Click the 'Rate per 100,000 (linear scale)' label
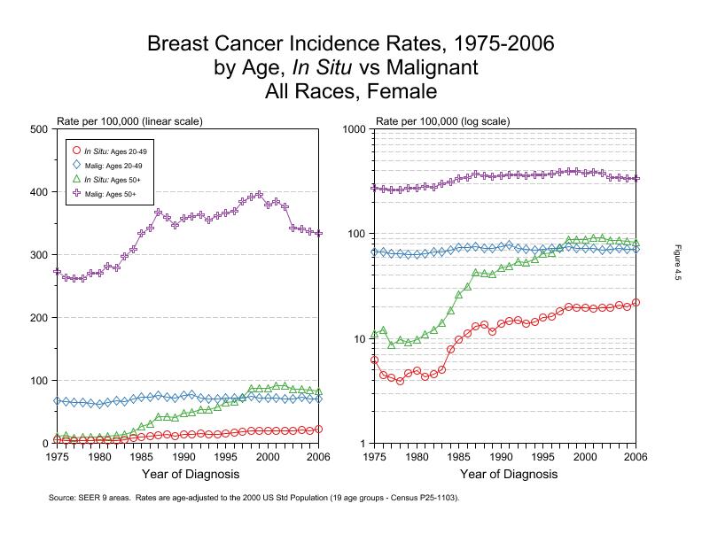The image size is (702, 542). tap(129, 120)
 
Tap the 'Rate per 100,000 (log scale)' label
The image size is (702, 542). tap(443, 120)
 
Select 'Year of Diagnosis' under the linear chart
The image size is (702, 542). tap(187, 475)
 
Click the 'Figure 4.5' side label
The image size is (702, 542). tap(677, 263)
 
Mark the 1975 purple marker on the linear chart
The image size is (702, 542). tap(57, 272)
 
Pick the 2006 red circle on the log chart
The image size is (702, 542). tap(636, 303)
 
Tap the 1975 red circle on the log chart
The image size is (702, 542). tap(375, 360)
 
